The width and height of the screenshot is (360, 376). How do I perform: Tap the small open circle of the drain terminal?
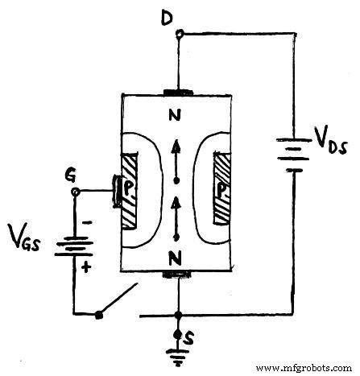(x=179, y=34)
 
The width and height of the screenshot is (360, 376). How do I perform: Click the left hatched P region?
(x=130, y=190)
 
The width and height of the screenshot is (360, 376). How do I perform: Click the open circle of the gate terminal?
(x=77, y=192)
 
